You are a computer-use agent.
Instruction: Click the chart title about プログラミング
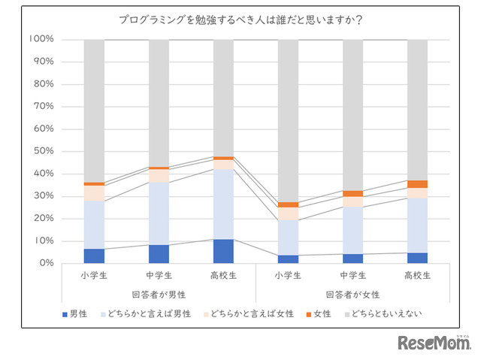coord(240,20)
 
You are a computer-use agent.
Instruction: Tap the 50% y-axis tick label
coord(41,151)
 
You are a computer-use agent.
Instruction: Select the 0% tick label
coord(44,263)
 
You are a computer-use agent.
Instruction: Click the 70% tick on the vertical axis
coord(41,106)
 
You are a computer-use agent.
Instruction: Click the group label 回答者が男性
coord(159,295)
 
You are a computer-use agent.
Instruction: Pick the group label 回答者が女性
coord(352,295)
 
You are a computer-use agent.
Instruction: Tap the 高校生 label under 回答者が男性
coord(223,276)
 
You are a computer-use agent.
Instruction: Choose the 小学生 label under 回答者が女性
coord(288,276)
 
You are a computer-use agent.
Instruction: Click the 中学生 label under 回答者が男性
coord(159,276)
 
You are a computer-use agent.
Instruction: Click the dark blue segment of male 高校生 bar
coord(223,251)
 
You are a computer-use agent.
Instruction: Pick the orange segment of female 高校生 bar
coord(417,184)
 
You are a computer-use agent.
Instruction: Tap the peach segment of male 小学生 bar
coord(94,193)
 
